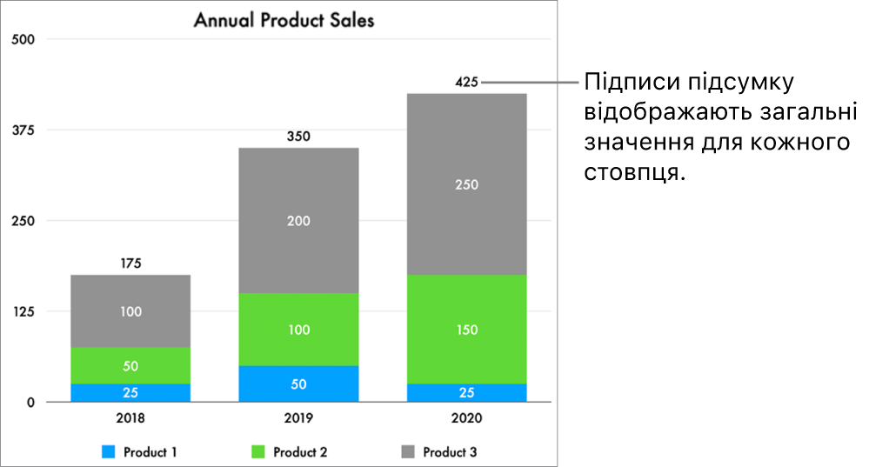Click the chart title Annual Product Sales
(284, 20)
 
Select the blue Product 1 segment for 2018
(130, 392)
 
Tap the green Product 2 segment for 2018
(130, 365)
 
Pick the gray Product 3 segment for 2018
(130, 310)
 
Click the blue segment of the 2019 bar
(298, 384)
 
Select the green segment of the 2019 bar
(298, 330)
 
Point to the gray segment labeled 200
(298, 221)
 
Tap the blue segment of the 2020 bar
(466, 392)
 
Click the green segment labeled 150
(466, 330)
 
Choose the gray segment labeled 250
(466, 184)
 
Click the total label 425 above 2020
(466, 83)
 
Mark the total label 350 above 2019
(298, 137)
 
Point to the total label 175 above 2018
(130, 264)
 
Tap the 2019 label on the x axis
(298, 418)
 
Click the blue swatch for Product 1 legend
(108, 452)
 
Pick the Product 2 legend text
(300, 452)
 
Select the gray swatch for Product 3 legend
(408, 452)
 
